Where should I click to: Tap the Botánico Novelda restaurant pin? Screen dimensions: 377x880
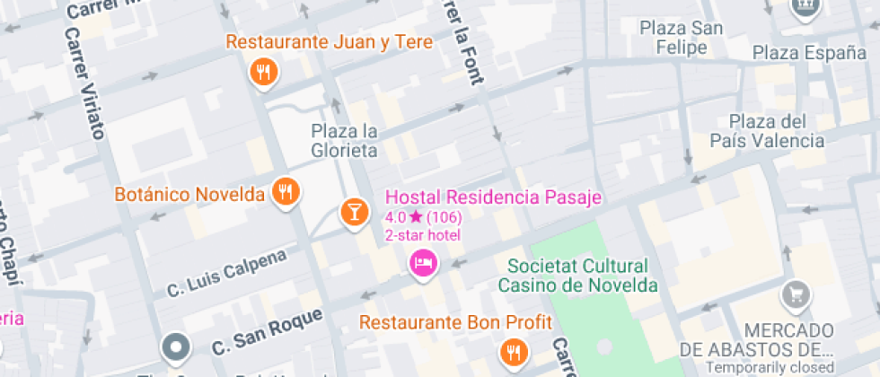coord(286,191)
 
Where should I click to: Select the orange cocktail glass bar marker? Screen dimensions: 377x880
coord(355,212)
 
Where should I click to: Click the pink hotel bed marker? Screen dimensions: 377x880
coord(422,262)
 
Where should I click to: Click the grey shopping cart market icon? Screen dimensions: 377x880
coord(795,294)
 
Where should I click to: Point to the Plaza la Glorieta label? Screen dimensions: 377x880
coord(344,141)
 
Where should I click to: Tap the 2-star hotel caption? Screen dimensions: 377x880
coord(422,235)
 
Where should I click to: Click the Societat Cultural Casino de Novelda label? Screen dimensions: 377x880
coord(577,276)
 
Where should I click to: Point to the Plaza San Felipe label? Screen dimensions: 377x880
coord(682,38)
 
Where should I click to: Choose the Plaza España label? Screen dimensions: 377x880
coord(809,53)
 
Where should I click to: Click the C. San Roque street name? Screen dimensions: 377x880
coord(267,330)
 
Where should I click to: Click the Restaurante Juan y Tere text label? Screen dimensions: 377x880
coord(329,42)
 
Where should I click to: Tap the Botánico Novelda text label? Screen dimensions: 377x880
coord(190,194)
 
